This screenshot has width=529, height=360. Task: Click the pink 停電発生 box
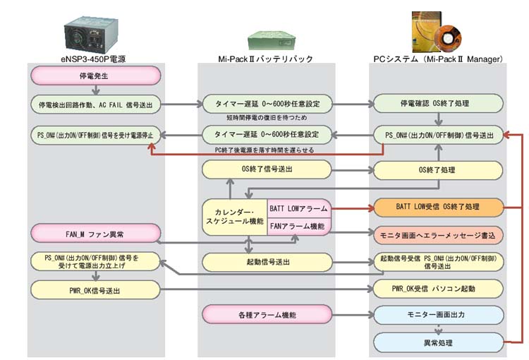95,75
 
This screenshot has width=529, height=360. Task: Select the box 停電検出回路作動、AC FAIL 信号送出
95,104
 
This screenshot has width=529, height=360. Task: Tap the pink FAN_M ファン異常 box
95,231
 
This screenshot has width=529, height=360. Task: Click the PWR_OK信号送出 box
95,289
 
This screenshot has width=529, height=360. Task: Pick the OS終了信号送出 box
267,169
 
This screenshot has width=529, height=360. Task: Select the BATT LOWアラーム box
298,209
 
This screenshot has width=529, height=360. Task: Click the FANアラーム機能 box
298,227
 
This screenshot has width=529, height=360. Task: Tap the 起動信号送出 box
267,262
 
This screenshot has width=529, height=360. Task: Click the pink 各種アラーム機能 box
267,311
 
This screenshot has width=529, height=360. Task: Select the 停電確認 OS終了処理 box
438,104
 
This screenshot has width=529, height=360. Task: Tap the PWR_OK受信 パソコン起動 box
438,289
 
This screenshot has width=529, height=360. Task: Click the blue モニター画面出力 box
438,313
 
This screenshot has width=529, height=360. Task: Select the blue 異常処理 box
438,343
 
